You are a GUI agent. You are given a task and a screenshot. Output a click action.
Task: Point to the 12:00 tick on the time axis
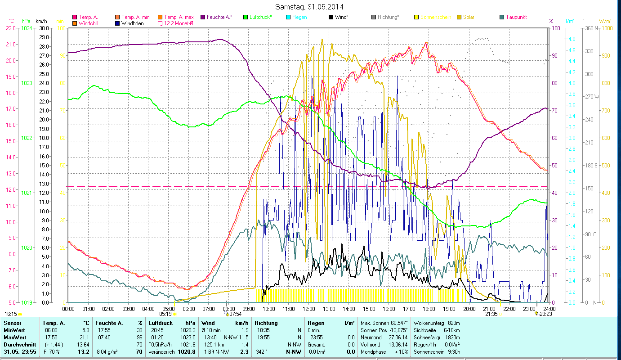click(309, 309)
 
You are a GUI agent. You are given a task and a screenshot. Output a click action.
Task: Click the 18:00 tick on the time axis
click(429, 309)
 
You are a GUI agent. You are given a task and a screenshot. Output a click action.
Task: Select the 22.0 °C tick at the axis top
click(11, 28)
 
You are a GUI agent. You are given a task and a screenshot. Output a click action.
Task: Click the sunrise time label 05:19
click(165, 314)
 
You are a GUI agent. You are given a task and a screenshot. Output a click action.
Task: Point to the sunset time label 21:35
click(491, 314)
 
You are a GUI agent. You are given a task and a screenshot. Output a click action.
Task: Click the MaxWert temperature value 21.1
click(86, 337)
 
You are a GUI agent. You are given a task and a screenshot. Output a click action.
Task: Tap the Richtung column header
click(266, 323)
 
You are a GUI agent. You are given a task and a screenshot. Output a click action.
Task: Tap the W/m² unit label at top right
click(605, 21)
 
